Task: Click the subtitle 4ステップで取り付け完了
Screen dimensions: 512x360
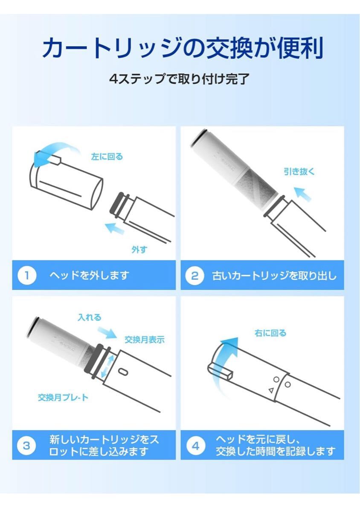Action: click(x=179, y=79)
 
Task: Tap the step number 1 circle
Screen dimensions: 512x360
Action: click(x=26, y=275)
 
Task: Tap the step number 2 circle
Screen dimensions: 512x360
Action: click(x=195, y=275)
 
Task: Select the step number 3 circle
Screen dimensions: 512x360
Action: click(x=26, y=445)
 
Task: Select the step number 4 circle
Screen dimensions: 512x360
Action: click(x=195, y=445)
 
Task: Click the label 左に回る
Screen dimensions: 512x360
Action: click(x=107, y=157)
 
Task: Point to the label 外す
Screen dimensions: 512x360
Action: click(x=139, y=250)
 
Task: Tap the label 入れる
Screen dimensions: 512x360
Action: click(x=90, y=317)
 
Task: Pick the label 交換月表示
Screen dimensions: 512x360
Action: click(x=144, y=340)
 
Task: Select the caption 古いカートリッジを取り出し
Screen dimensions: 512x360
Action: click(x=274, y=275)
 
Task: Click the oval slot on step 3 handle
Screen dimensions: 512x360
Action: click(x=125, y=372)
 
